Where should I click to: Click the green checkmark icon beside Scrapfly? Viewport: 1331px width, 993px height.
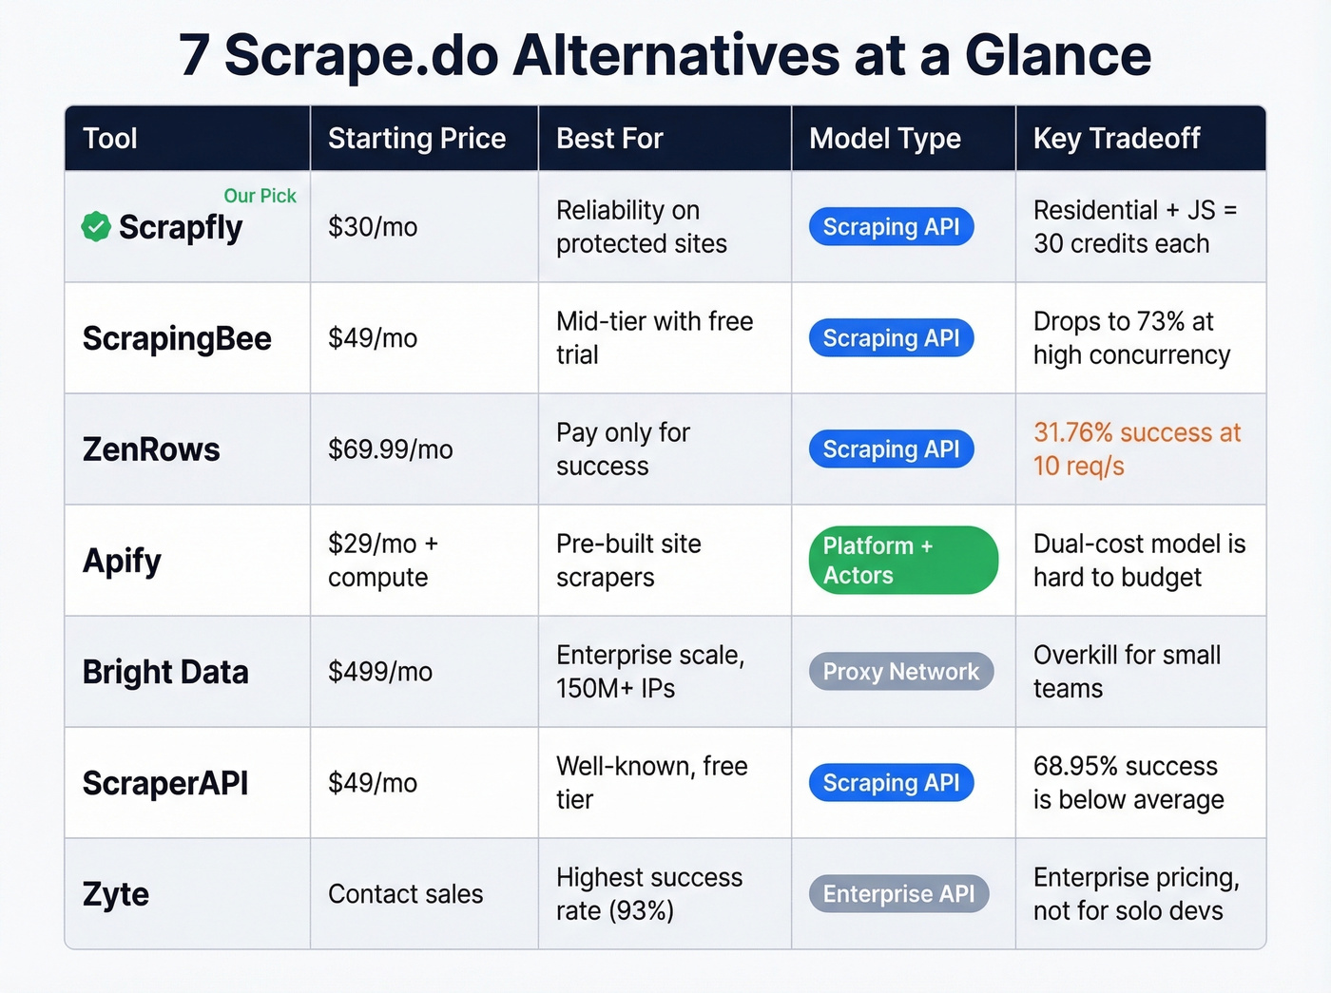tap(96, 227)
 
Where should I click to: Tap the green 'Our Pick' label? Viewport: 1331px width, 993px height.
tap(260, 196)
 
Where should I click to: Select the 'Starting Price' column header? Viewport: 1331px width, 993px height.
tap(416, 139)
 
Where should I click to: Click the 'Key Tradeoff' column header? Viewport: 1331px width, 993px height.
tap(1116, 139)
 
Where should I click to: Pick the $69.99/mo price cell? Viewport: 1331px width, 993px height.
tap(390, 449)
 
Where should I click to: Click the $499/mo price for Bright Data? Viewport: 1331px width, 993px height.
tap(379, 672)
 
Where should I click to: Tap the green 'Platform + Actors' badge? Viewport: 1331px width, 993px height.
tap(902, 561)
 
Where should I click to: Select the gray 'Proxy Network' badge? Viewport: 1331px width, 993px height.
tap(900, 672)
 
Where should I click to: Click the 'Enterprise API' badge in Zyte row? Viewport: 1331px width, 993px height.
tap(898, 894)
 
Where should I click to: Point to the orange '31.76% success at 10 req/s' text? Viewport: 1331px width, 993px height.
tap(1136, 449)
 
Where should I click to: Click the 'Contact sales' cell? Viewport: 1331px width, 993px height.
tap(405, 894)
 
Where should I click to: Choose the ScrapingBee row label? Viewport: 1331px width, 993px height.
tap(177, 338)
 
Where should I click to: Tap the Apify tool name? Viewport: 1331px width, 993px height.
tap(122, 561)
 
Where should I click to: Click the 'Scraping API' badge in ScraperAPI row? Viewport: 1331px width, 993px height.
tap(891, 783)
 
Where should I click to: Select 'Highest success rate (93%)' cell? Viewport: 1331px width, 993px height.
tap(648, 894)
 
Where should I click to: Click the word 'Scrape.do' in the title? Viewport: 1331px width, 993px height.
tap(361, 55)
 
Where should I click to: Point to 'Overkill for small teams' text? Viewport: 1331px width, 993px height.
tap(1127, 672)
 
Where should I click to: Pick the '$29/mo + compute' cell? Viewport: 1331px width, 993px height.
tap(382, 561)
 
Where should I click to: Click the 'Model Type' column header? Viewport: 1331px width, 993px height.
tap(884, 139)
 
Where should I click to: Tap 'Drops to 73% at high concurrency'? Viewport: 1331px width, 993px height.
tap(1131, 338)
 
